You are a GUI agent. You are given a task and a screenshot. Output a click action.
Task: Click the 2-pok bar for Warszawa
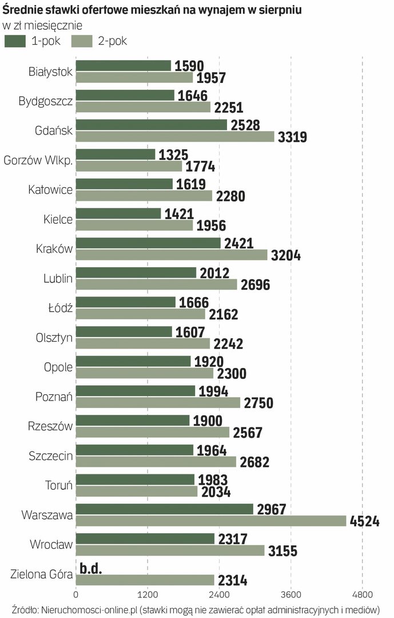210,521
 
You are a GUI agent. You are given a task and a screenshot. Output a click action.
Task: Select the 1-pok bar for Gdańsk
151,125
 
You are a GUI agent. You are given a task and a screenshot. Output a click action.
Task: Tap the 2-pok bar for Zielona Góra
145,580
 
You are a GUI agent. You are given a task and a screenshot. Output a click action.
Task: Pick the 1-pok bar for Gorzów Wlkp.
115,154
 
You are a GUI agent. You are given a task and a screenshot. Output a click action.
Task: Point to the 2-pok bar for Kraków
171,255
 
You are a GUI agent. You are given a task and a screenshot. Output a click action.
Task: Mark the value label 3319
293,137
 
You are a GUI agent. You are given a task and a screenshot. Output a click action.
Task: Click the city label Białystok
50,72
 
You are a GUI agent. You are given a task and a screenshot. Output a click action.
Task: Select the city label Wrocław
51,545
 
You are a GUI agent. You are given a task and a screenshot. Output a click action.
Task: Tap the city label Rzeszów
50,426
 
